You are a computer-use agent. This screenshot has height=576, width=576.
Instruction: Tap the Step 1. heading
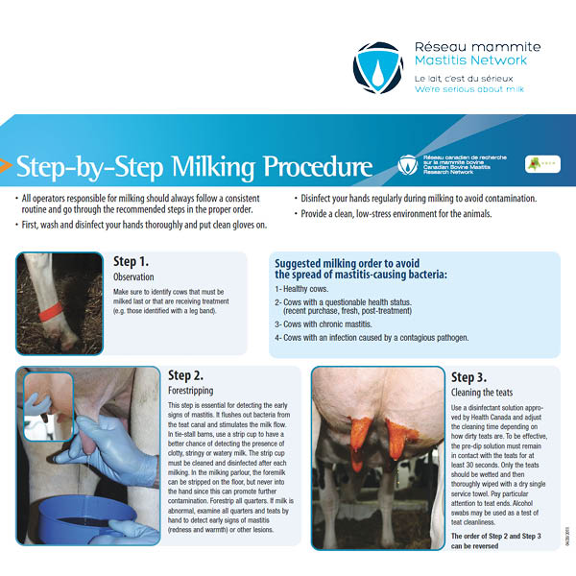pos(132,261)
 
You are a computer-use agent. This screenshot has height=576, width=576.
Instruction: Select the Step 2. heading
pos(186,375)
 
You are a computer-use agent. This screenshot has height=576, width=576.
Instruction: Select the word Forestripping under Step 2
pos(190,391)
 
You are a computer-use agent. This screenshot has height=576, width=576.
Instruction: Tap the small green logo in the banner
pos(542,164)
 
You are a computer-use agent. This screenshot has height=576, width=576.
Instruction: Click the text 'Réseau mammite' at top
pos(477,47)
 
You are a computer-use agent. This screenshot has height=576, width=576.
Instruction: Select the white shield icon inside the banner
pos(408,164)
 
